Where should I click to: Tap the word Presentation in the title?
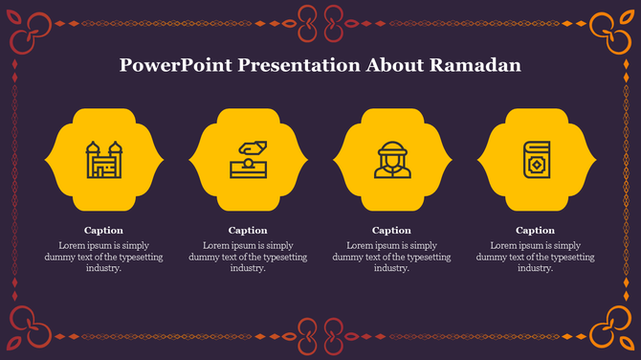point(298,65)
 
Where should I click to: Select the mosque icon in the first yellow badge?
point(104,159)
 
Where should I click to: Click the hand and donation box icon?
point(248,159)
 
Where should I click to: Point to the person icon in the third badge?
point(391,159)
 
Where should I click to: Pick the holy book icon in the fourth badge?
point(535,159)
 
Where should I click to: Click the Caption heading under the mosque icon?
point(103,230)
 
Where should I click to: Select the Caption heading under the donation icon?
point(248,230)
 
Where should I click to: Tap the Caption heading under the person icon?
point(391,230)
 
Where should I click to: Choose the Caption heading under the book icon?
point(535,230)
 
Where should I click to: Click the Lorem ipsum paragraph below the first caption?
point(103,257)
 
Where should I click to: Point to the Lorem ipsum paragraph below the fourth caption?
point(535,257)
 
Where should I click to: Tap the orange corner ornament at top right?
point(609,29)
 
